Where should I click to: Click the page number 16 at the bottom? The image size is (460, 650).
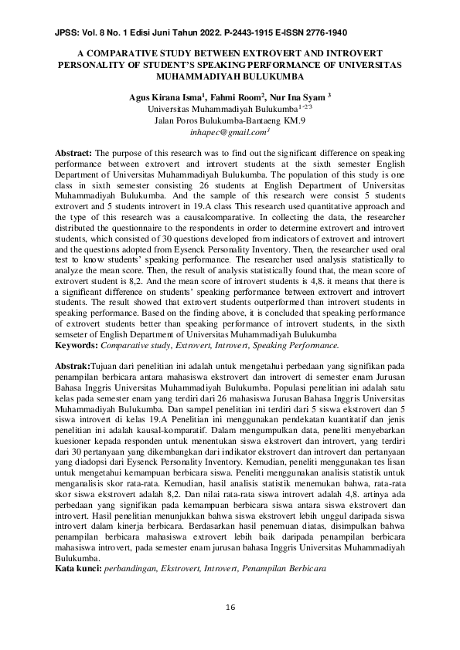tap(230, 608)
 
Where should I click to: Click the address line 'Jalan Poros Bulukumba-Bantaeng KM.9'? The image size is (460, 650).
tap(230, 121)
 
